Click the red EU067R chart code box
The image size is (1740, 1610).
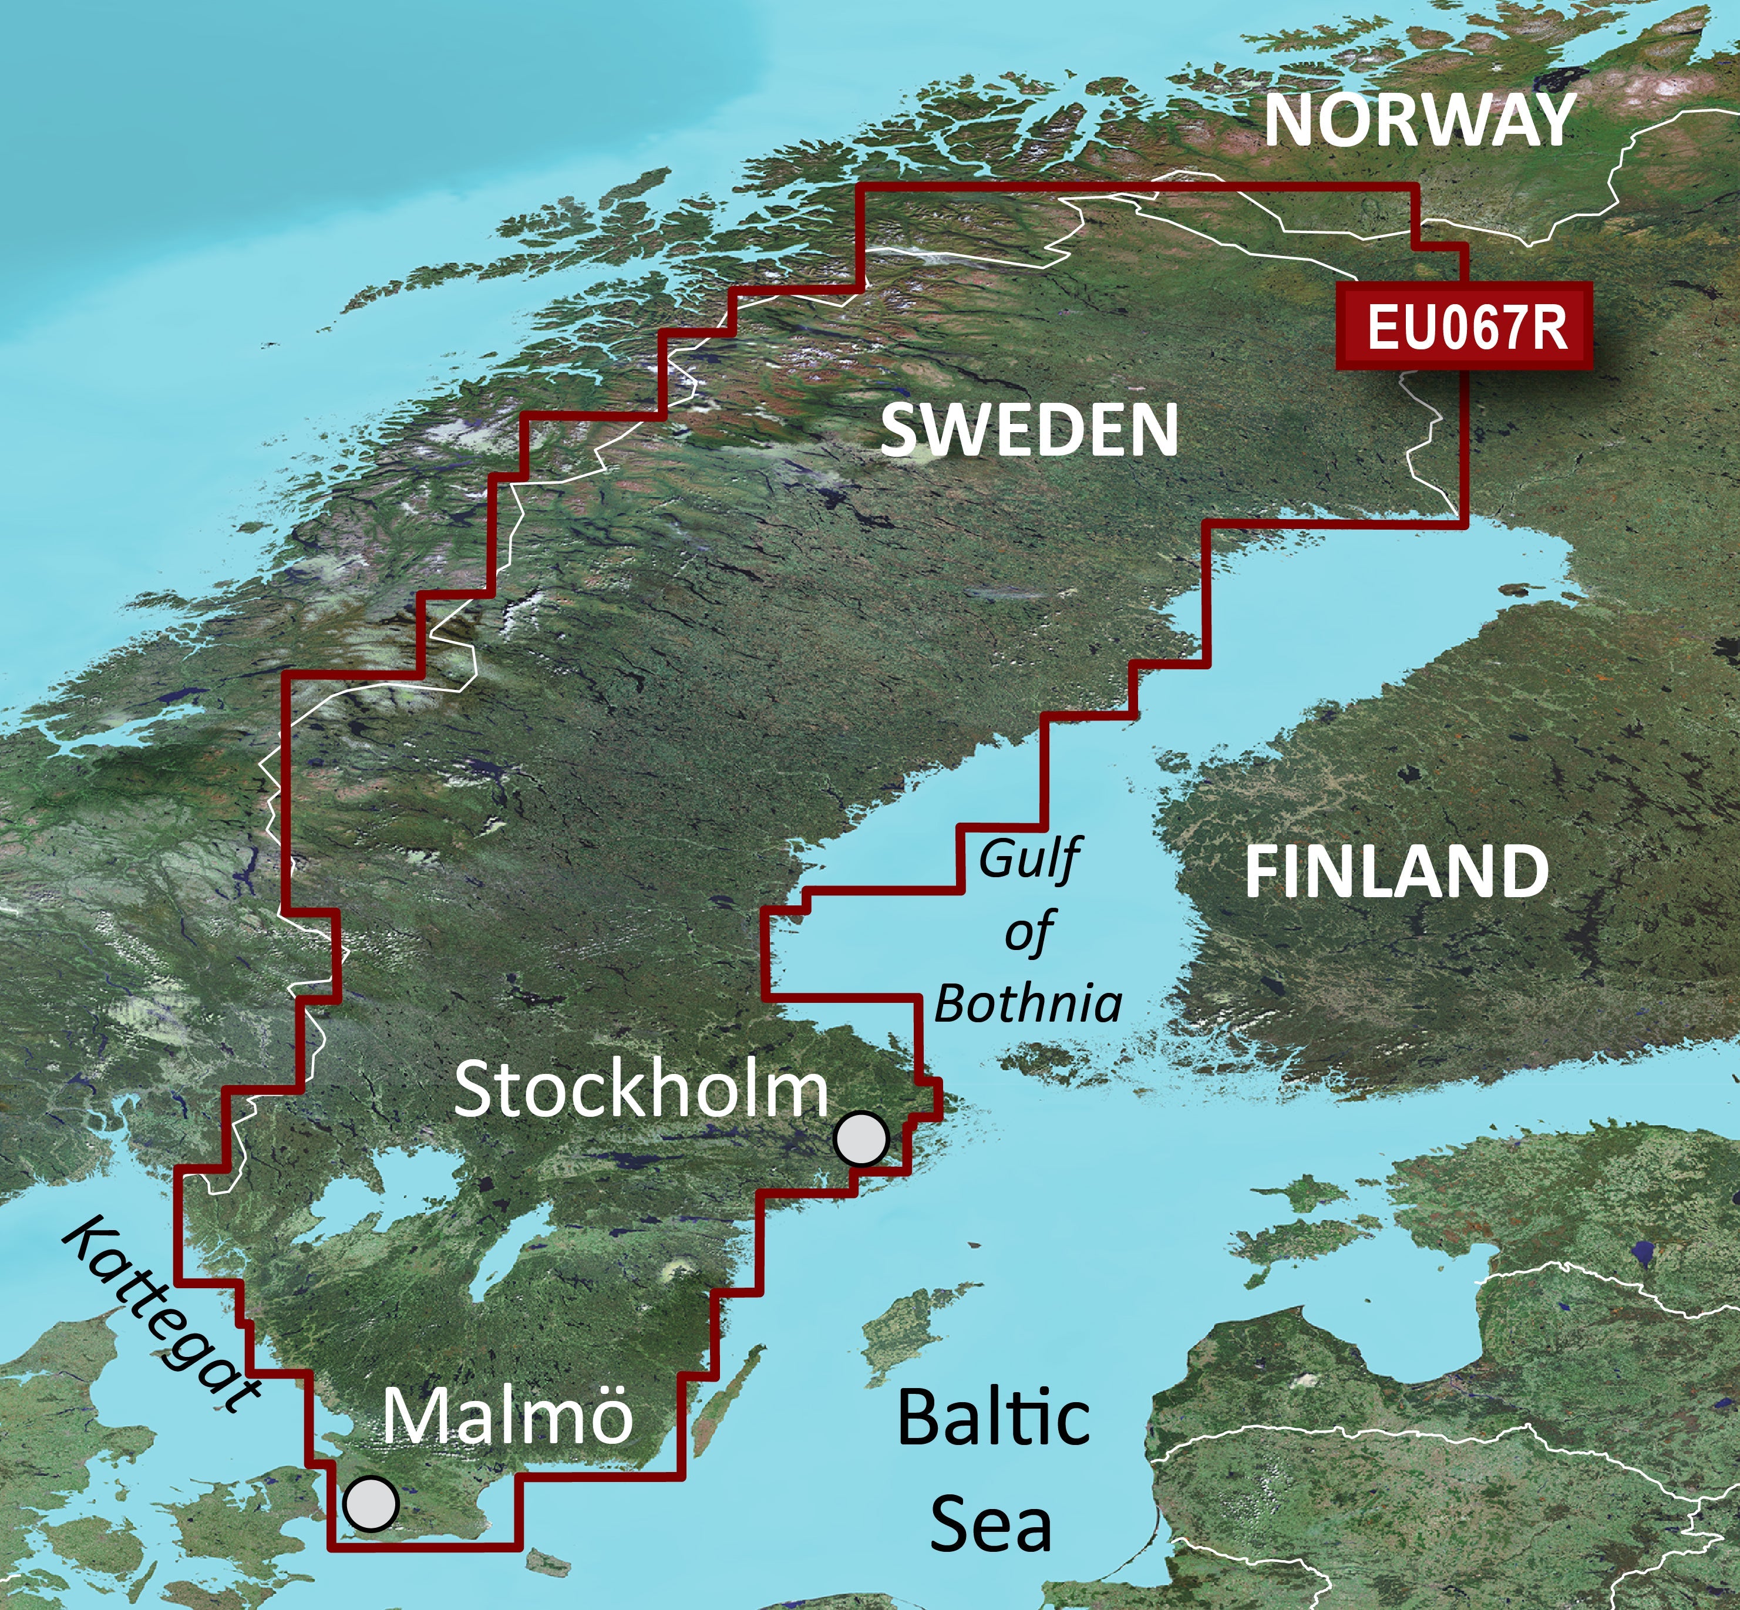point(1466,326)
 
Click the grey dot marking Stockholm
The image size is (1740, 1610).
point(861,1138)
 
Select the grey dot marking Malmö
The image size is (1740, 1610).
point(371,1503)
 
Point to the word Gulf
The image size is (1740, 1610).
point(1028,859)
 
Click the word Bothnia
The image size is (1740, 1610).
point(1028,1003)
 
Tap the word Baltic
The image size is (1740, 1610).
point(992,1417)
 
